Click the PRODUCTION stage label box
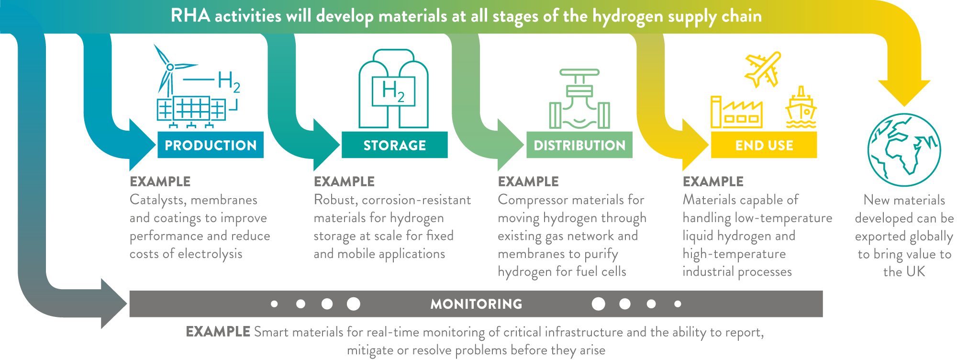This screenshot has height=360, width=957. tap(211, 145)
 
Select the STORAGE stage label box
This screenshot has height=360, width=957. tap(395, 145)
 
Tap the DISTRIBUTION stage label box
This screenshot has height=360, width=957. tap(579, 145)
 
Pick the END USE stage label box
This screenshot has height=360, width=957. tap(764, 145)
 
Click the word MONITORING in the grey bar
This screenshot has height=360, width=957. tap(476, 304)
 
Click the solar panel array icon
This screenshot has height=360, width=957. tap(191, 112)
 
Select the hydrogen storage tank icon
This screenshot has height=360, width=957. tap(393, 89)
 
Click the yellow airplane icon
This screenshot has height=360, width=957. tap(763, 69)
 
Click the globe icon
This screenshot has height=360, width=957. tap(904, 150)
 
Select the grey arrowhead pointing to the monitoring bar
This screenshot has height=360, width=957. tap(114, 304)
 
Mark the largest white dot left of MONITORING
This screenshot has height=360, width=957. tap(354, 304)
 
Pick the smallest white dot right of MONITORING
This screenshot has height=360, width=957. tap(678, 304)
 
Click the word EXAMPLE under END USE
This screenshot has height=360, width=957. tap(713, 182)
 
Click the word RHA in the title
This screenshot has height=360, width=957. tap(190, 16)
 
